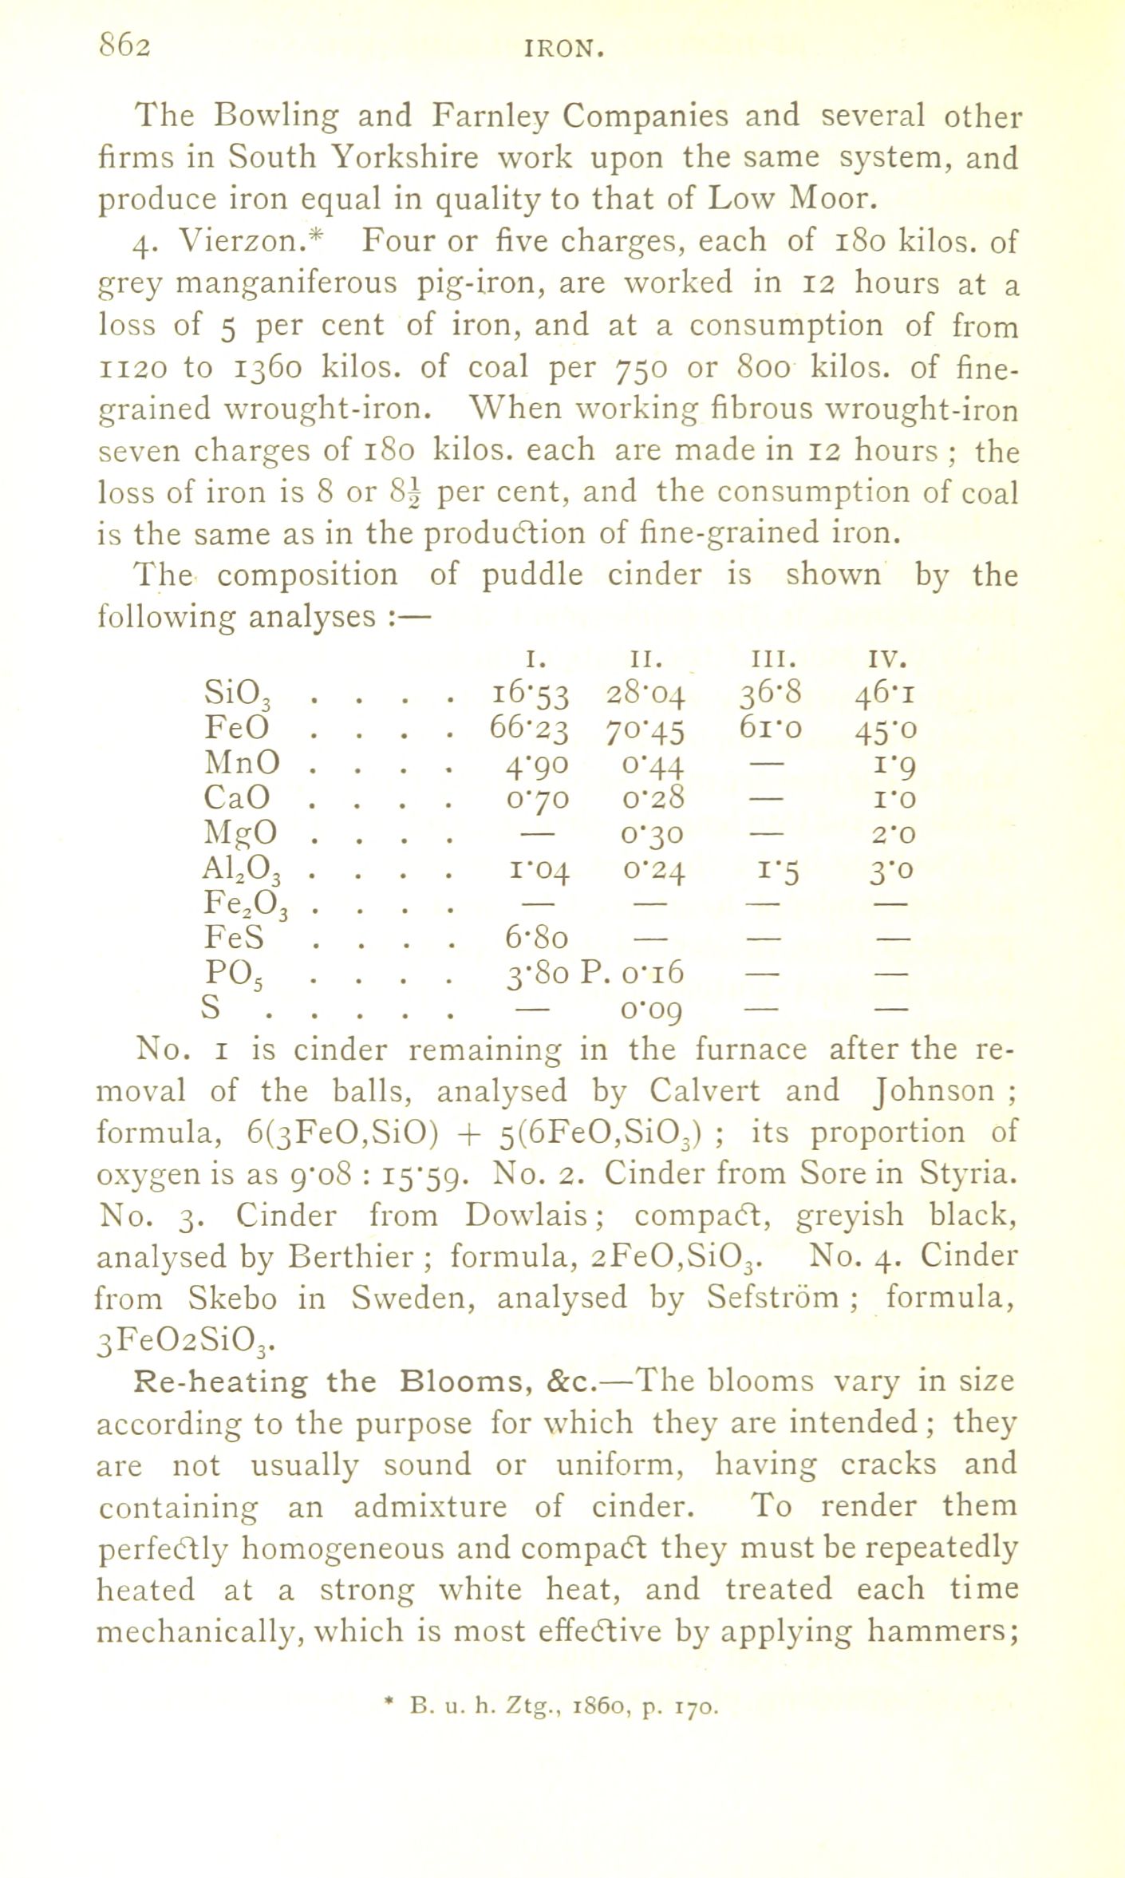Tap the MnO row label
click(x=242, y=764)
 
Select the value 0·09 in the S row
click(x=650, y=1010)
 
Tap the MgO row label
click(x=242, y=833)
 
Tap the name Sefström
click(x=773, y=1299)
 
